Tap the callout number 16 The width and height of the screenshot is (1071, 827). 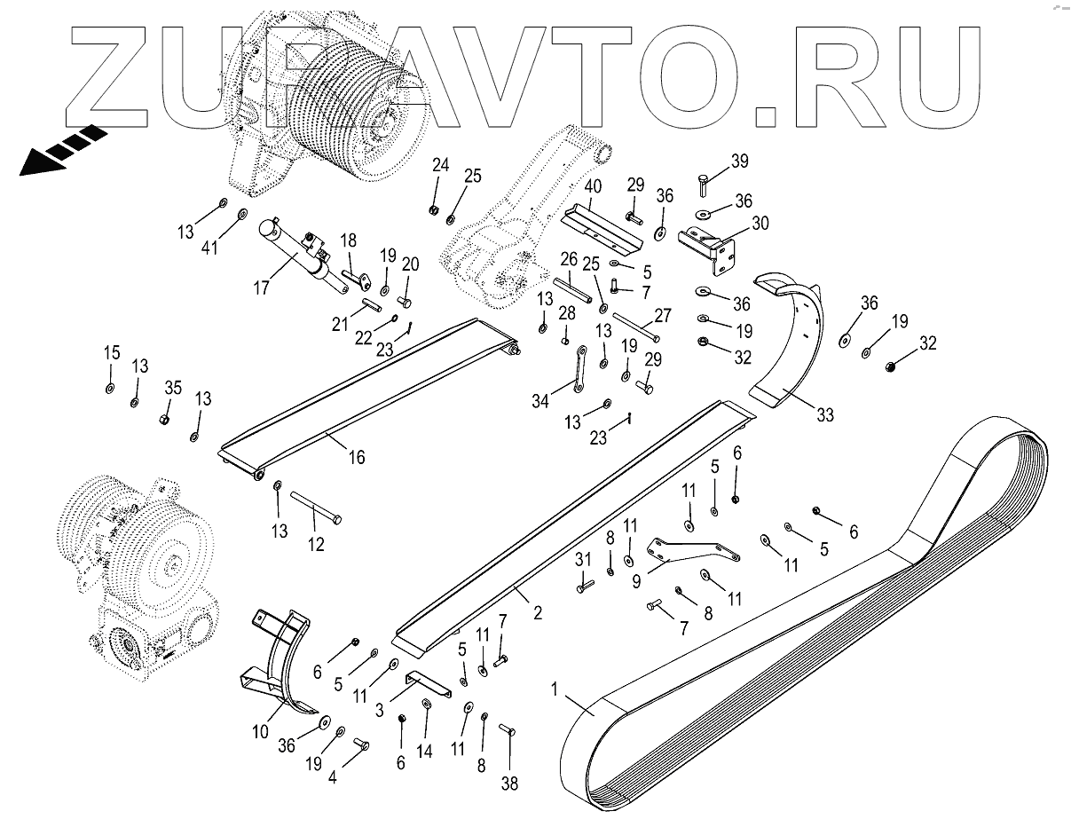(356, 459)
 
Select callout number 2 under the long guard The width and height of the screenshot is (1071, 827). (538, 611)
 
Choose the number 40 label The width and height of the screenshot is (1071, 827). (593, 188)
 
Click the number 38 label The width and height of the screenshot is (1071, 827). (509, 784)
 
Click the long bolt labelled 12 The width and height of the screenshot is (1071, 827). (315, 508)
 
